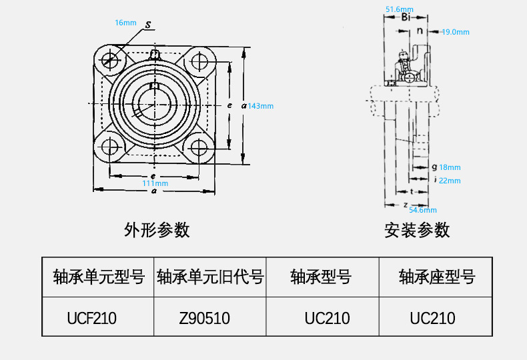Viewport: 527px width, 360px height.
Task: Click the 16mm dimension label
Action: [x=125, y=23]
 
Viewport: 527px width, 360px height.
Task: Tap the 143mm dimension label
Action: [x=261, y=106]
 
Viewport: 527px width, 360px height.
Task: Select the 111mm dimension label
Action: [x=155, y=183]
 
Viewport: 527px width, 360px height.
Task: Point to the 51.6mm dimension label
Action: [x=400, y=9]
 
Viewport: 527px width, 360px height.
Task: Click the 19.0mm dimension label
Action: [x=456, y=32]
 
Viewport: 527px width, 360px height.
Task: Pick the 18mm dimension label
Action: [x=450, y=167]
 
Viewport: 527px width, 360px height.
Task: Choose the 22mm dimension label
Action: [x=450, y=181]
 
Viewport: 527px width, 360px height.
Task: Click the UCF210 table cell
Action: [x=92, y=318]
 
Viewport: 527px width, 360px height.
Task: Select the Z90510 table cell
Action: [x=205, y=318]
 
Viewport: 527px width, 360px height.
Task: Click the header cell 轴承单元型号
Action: [x=98, y=277]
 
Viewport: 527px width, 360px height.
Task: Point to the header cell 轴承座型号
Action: [x=436, y=277]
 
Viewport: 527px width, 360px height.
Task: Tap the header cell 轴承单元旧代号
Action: [x=210, y=277]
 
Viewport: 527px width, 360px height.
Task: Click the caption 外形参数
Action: [x=157, y=230]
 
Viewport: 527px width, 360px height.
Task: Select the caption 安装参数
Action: [x=417, y=230]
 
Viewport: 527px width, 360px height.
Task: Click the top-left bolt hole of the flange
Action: [x=109, y=61]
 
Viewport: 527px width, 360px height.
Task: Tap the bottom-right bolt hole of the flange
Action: [x=199, y=147]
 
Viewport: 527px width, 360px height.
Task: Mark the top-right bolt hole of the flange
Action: [x=199, y=61]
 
